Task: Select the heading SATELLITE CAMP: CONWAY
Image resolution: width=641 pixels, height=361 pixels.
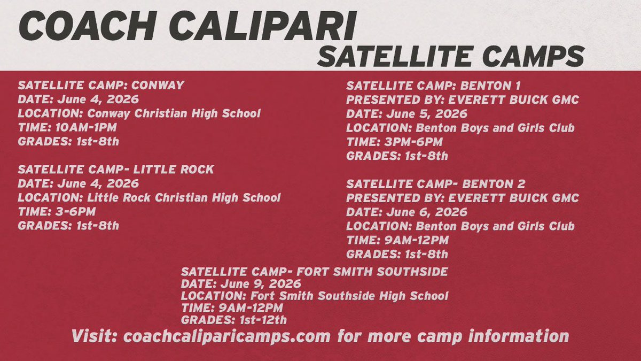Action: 101,86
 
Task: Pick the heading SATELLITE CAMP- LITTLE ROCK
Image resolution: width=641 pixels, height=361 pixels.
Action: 116,170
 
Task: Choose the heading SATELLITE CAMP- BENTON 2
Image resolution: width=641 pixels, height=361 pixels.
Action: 436,184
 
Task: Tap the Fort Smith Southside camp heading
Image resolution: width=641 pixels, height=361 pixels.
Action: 315,272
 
